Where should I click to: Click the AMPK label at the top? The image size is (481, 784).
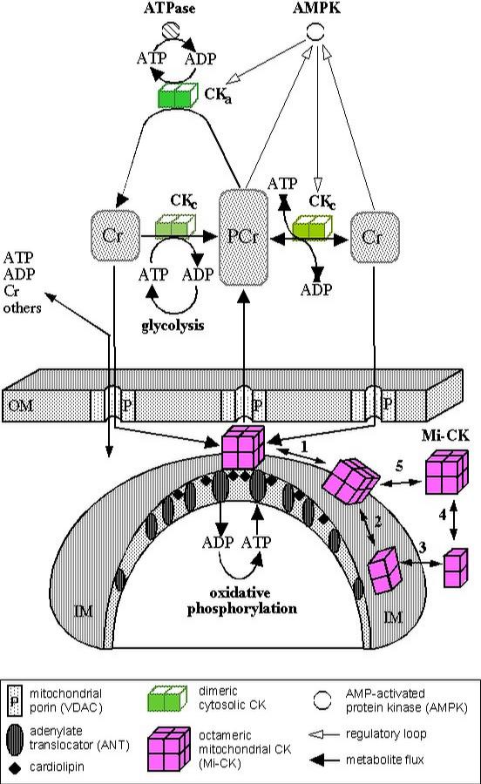pyautogui.click(x=316, y=8)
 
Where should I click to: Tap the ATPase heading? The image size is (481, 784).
pyautogui.click(x=169, y=8)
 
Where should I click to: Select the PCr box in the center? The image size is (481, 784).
pyautogui.click(x=243, y=237)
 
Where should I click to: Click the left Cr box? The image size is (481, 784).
pyautogui.click(x=114, y=235)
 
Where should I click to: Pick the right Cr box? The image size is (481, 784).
pyautogui.click(x=375, y=237)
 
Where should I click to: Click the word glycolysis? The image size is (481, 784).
pyautogui.click(x=173, y=326)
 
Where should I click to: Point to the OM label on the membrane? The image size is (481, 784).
pyautogui.click(x=21, y=405)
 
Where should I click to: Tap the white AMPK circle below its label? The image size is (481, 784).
pyautogui.click(x=315, y=32)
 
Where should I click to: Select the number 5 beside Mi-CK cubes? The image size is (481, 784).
pyautogui.click(x=399, y=467)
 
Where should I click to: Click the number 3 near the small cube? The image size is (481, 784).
pyautogui.click(x=423, y=548)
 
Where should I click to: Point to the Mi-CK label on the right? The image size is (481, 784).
pyautogui.click(x=445, y=436)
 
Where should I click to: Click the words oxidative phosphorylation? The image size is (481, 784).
pyautogui.click(x=242, y=600)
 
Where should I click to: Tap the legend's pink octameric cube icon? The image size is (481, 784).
pyautogui.click(x=168, y=748)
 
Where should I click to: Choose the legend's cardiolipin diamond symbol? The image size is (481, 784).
pyautogui.click(x=16, y=767)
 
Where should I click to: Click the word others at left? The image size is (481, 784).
pyautogui.click(x=22, y=308)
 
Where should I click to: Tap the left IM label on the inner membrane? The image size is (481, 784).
pyautogui.click(x=83, y=611)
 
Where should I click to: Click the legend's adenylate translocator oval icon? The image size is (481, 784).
pyautogui.click(x=16, y=740)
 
